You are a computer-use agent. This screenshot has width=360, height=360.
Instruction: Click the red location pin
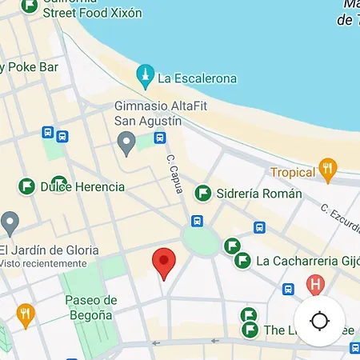(164, 262)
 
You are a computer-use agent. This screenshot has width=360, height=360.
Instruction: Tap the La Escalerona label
(197, 78)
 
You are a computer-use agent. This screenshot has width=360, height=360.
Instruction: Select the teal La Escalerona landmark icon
(145, 77)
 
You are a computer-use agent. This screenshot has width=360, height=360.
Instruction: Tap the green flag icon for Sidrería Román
(203, 193)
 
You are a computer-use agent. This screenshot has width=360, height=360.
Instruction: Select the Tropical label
(293, 173)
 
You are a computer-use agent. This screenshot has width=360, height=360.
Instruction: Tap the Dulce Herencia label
(82, 186)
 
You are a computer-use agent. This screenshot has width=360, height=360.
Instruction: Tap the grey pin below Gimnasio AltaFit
(126, 144)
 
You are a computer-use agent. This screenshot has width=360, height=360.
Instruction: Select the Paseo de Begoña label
(90, 308)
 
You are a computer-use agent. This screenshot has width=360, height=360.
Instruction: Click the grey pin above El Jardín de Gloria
(9, 222)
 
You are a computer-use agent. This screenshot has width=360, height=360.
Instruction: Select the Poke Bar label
(32, 68)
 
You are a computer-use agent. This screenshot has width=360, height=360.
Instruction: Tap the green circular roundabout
(200, 238)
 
